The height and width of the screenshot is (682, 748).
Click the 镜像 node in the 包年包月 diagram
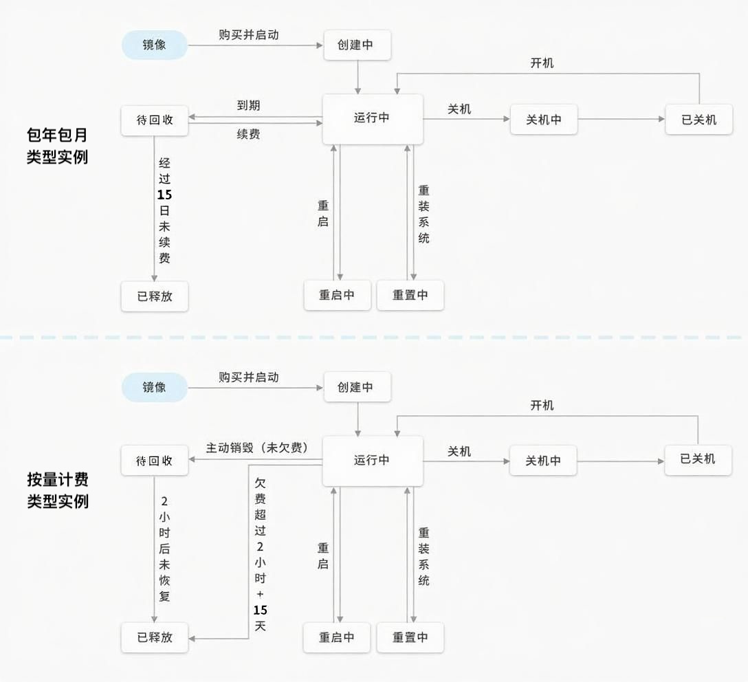click(155, 45)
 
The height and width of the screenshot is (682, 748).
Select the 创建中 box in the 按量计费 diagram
click(357, 387)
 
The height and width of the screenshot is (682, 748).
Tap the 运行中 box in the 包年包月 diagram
click(372, 118)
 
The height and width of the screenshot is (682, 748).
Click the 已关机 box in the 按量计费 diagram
click(698, 459)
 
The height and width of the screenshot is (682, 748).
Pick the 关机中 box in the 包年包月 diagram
click(544, 120)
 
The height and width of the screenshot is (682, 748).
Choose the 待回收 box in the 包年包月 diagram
click(155, 120)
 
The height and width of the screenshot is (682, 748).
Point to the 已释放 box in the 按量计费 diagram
click(155, 637)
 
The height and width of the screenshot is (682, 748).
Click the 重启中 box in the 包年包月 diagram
click(337, 296)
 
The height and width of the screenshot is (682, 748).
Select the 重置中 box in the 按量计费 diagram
click(410, 637)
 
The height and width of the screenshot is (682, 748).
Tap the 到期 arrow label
click(248, 105)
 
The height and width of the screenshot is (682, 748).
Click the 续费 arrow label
click(248, 134)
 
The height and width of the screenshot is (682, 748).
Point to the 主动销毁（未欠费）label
click(257, 448)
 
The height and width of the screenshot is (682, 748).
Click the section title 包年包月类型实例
click(58, 145)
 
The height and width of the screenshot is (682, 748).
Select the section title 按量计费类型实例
click(58, 490)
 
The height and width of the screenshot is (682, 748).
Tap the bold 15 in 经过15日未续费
click(164, 195)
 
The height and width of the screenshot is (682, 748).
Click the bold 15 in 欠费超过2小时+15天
click(260, 610)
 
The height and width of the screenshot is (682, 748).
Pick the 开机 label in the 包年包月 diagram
click(542, 63)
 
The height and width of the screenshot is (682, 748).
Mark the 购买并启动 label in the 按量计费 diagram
click(249, 377)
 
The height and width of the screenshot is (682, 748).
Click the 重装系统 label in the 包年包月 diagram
click(423, 214)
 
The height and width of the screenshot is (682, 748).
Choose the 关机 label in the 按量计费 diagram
click(459, 451)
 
